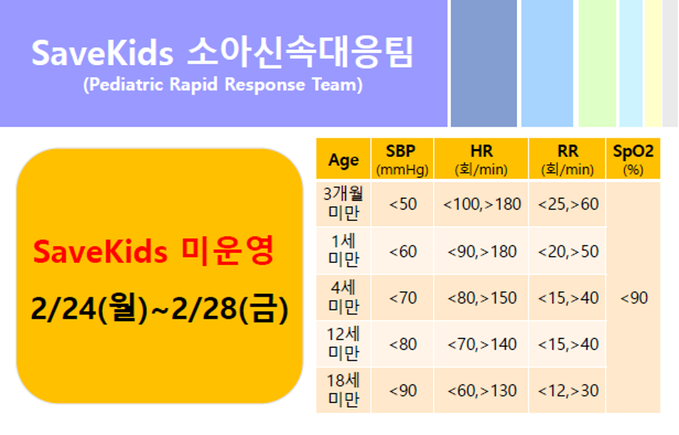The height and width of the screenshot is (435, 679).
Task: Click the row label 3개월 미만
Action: pyautogui.click(x=344, y=203)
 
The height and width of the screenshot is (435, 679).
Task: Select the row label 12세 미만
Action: pyautogui.click(x=344, y=344)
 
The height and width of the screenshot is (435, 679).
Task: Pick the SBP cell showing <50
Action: pyautogui.click(x=403, y=203)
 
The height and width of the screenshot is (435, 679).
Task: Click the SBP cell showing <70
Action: pyautogui.click(x=403, y=297)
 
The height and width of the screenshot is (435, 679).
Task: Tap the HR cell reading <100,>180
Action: pyautogui.click(x=481, y=203)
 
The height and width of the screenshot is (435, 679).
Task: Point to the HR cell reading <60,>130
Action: pyautogui.click(x=481, y=391)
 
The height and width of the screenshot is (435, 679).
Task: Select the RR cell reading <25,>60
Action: pyautogui.click(x=567, y=203)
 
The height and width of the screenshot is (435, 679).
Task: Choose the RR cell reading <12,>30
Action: pyautogui.click(x=567, y=391)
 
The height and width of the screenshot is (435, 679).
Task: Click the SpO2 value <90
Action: pyautogui.click(x=634, y=297)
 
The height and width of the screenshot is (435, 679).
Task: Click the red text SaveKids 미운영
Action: pyautogui.click(x=154, y=252)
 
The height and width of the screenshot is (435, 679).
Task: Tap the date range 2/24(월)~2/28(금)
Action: pyautogui.click(x=160, y=308)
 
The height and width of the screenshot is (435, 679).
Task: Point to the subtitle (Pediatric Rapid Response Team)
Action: pyautogui.click(x=223, y=85)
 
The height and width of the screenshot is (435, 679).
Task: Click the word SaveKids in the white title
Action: pyautogui.click(x=102, y=54)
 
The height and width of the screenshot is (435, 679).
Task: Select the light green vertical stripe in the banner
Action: pyautogui.click(x=597, y=63)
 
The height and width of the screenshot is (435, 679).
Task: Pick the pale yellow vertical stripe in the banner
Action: pyautogui.click(x=653, y=63)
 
